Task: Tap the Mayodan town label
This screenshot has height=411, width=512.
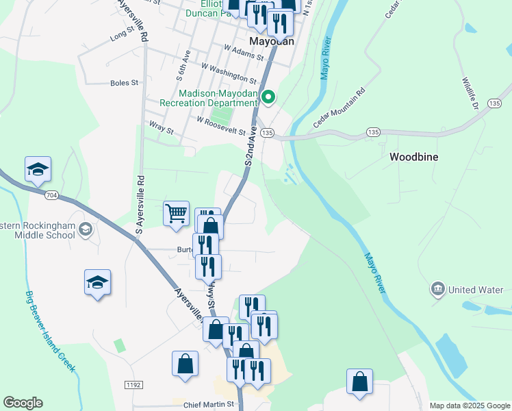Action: tap(272, 41)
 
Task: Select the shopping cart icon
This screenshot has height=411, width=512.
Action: tap(176, 213)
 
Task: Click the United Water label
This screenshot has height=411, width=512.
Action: tap(476, 290)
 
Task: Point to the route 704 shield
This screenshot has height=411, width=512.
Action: tap(51, 195)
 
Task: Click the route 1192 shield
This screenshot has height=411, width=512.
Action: tap(133, 386)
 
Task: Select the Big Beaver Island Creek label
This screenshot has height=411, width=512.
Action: tap(50, 332)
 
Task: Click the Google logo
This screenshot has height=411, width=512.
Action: tap(23, 403)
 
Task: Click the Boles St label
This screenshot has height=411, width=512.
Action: tap(124, 83)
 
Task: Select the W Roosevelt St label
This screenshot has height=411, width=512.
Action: tap(220, 125)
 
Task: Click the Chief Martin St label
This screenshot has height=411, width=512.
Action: tap(209, 405)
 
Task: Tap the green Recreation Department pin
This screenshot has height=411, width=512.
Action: tap(268, 98)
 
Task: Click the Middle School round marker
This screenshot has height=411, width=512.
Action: tap(86, 229)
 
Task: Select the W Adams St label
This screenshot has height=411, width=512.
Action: tap(244, 51)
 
